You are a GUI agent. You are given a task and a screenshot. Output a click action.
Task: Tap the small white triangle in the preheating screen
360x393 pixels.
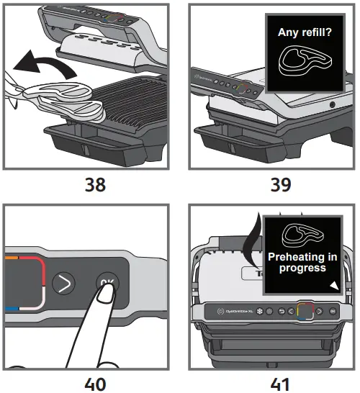[x=333, y=286]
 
